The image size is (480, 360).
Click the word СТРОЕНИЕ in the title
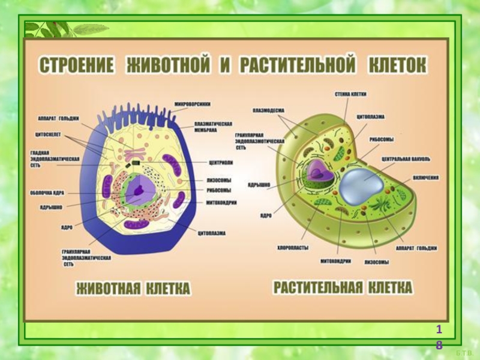pyautogui.click(x=77, y=65)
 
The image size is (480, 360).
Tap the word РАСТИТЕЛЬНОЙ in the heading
pyautogui.click(x=298, y=65)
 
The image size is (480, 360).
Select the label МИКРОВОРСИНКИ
pyautogui.click(x=193, y=104)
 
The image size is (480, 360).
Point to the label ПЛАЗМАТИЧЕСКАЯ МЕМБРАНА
pyautogui.click(x=213, y=127)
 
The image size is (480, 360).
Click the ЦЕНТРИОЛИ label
pyautogui.click(x=221, y=162)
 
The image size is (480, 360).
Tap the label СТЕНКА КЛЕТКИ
pyautogui.click(x=350, y=94)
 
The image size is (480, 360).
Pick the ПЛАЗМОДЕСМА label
pyautogui.click(x=268, y=110)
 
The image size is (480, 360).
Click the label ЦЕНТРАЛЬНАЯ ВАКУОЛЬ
pyautogui.click(x=405, y=160)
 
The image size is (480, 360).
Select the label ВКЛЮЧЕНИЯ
pyautogui.click(x=425, y=178)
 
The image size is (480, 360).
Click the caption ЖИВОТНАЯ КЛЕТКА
pyautogui.click(x=133, y=289)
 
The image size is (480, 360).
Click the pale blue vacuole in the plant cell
pyautogui.click(x=359, y=184)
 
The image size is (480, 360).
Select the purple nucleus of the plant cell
pyautogui.click(x=319, y=172)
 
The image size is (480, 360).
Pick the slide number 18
pyautogui.click(x=439, y=337)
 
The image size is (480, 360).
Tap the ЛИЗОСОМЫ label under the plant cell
pyautogui.click(x=376, y=262)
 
